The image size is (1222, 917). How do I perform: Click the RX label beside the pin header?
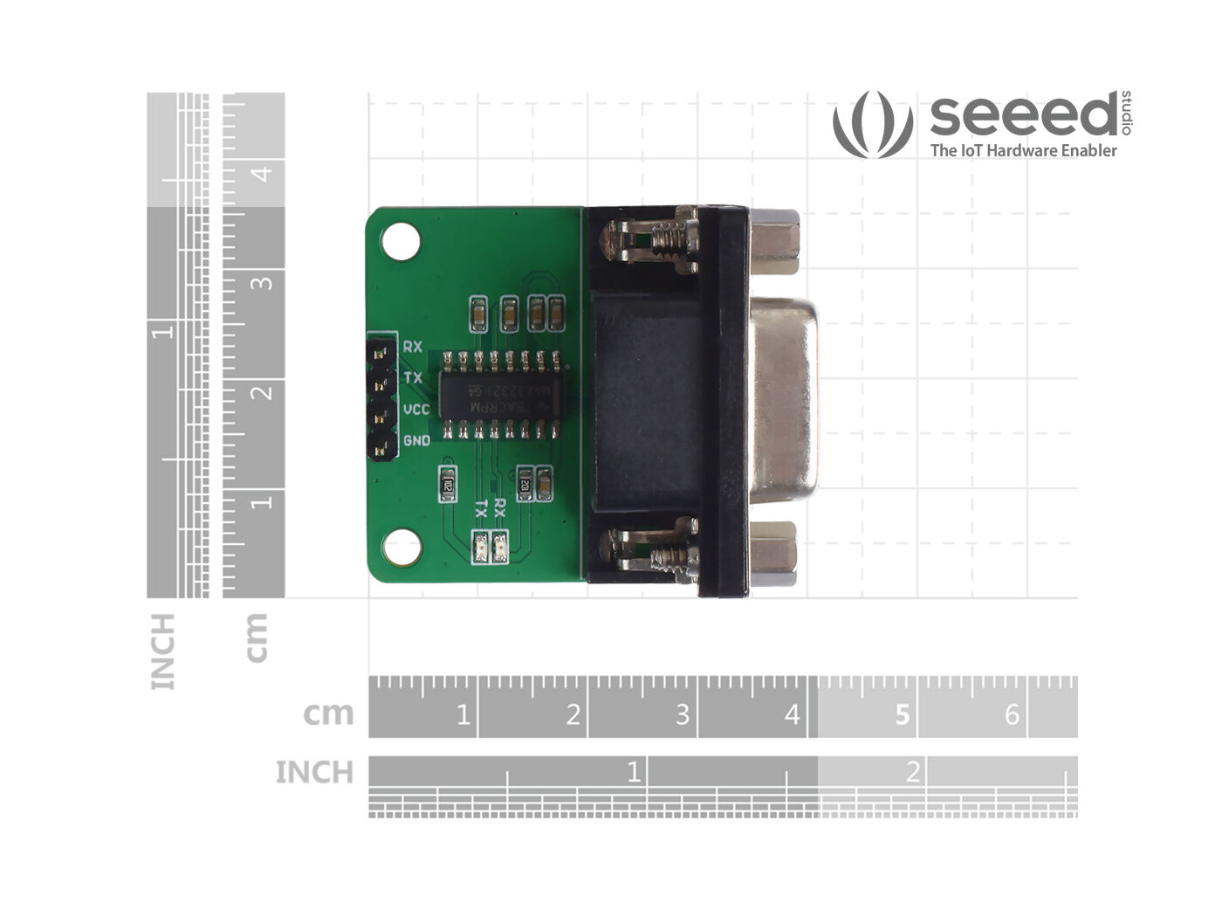click(x=412, y=347)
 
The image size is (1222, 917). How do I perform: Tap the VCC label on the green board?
click(x=415, y=410)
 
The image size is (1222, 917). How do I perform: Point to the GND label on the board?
click(x=416, y=441)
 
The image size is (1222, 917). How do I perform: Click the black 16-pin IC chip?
click(x=494, y=396)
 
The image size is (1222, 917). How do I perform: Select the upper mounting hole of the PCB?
click(x=402, y=241)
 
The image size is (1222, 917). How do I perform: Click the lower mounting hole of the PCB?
click(x=402, y=548)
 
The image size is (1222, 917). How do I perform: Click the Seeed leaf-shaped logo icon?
click(x=872, y=125)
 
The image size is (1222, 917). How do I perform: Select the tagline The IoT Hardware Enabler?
click(x=1023, y=150)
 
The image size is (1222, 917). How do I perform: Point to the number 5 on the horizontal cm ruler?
click(x=903, y=715)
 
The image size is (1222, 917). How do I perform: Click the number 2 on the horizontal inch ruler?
click(x=913, y=772)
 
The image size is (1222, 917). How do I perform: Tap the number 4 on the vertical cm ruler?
click(x=261, y=171)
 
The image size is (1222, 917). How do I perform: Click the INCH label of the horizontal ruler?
click(x=314, y=772)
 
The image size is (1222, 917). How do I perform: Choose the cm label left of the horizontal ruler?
click(x=328, y=714)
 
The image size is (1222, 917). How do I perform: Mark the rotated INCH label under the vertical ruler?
click(x=163, y=651)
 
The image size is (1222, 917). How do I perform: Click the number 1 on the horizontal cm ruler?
click(x=463, y=715)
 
